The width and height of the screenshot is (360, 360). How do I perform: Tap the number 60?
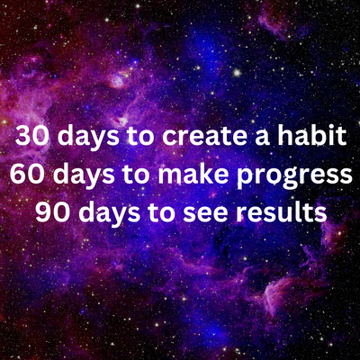coord(28,176)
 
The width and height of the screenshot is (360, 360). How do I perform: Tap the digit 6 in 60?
coord(19,176)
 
